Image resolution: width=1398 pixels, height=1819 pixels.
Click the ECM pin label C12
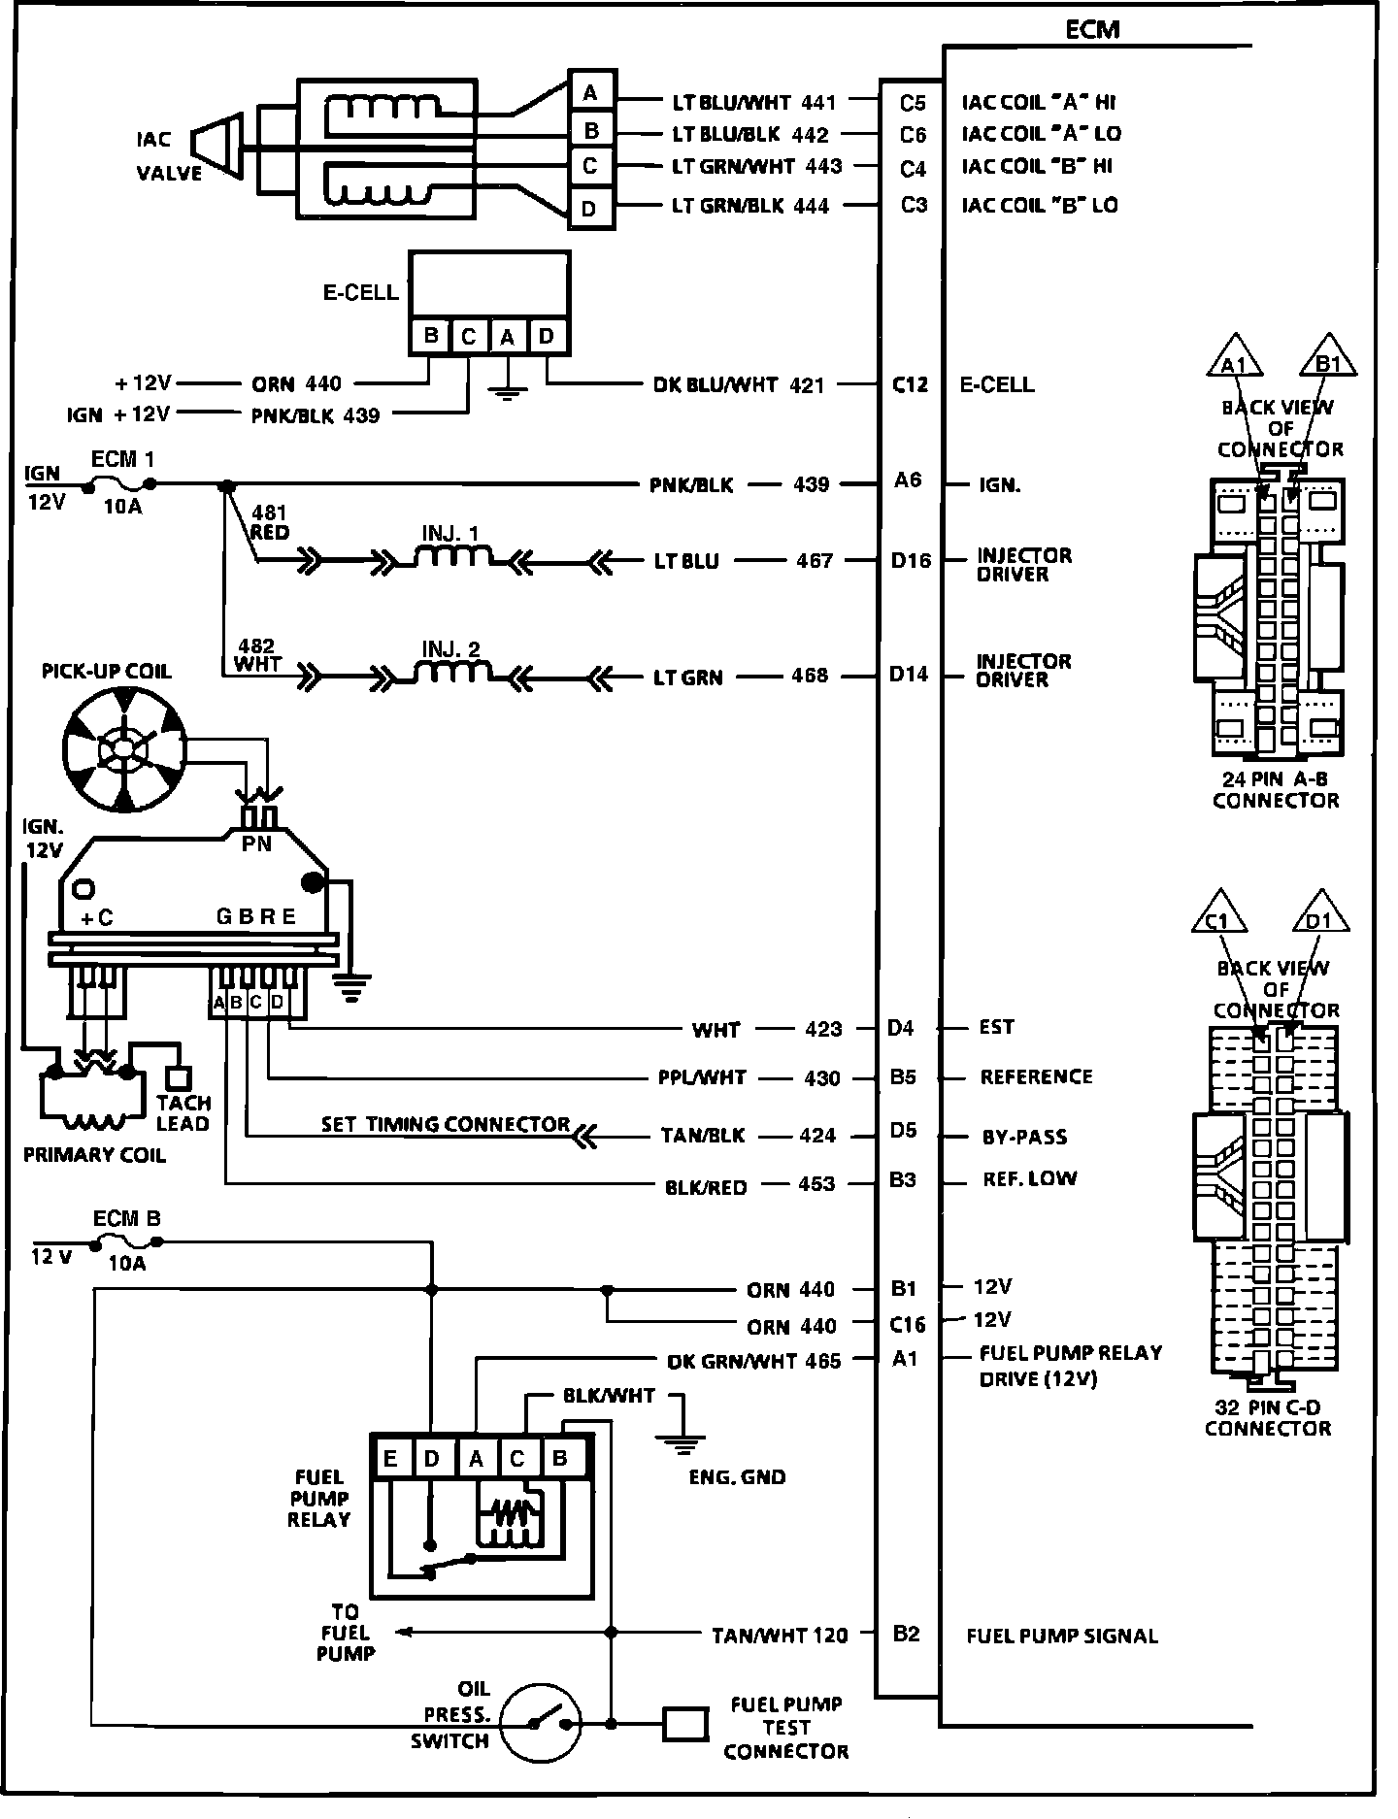(910, 385)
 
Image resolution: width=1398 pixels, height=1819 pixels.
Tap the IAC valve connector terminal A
(591, 92)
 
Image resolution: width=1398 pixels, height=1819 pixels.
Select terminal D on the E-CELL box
(548, 337)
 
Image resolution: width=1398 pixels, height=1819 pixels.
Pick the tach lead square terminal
(179, 1077)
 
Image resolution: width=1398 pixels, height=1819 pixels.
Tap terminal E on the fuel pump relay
(390, 1459)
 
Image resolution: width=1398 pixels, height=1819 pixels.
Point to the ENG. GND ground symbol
(685, 1440)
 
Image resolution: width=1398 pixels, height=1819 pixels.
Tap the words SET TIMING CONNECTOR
(447, 1124)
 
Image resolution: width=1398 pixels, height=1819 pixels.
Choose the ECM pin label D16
(911, 560)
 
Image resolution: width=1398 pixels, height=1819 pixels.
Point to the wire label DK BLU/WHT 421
(739, 385)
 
